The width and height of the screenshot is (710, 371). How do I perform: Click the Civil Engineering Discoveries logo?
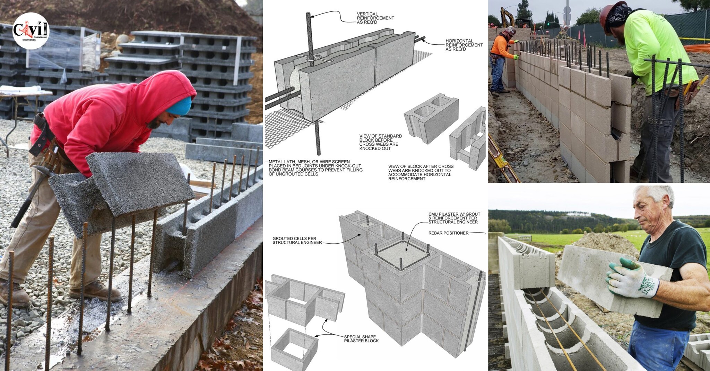[31, 31]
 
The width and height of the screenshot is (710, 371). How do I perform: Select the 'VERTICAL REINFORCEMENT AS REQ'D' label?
[375, 18]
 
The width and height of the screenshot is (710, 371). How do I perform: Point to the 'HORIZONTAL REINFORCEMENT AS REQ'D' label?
[464, 45]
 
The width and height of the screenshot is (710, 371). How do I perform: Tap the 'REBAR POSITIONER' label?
[448, 233]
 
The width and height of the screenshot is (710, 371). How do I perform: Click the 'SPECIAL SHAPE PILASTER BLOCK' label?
[361, 339]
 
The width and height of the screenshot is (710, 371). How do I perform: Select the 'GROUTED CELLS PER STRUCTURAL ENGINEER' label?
[297, 241]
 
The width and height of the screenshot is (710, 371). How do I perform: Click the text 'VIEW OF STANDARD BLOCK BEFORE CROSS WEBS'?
[380, 142]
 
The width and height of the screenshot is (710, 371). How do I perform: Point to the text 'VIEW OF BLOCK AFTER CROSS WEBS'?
[421, 172]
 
